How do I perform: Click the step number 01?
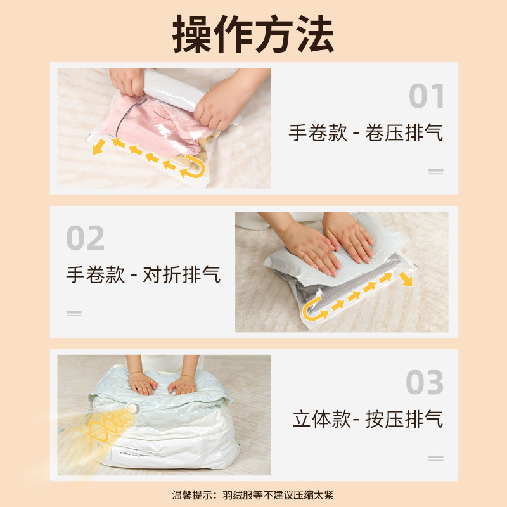coord(427,96)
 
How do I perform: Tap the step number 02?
coord(86,238)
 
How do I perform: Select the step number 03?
coord(425,383)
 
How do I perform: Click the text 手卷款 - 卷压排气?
coord(366,133)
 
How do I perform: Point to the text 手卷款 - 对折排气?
coord(143,275)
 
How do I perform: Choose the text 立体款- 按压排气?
coord(368,419)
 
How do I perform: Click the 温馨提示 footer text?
coord(253,494)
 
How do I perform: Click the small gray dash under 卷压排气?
coord(435,171)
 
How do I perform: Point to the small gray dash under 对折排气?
coord(74,313)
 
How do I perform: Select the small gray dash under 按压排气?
coord(435,458)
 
